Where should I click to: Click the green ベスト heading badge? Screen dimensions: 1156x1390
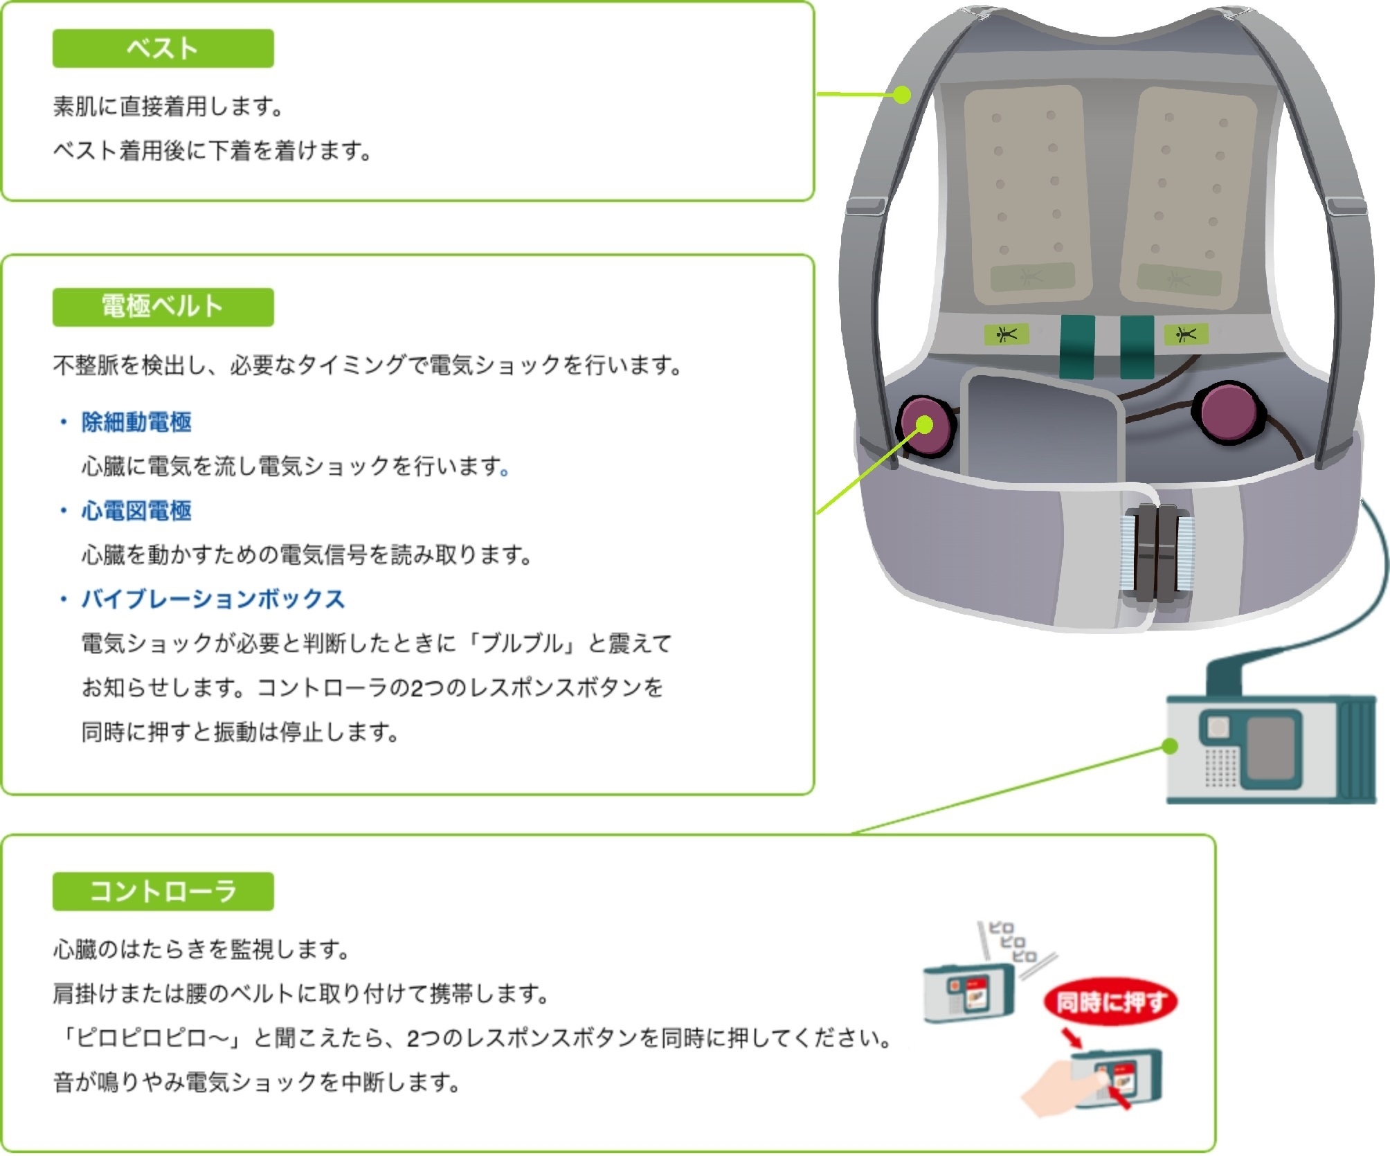coord(163,48)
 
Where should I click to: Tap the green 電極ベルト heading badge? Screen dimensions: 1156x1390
coord(163,307)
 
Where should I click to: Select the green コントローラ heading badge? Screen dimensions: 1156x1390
coord(163,891)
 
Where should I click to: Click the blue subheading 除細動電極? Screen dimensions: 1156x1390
coord(136,422)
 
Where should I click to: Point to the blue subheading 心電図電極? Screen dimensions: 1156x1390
coord(136,511)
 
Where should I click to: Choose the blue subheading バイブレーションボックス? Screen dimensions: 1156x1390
coord(213,599)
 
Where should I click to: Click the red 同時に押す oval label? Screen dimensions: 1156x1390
coord(1110,1002)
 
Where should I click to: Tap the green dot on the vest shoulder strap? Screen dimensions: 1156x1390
coord(901,95)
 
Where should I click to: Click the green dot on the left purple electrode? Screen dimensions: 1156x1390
coord(925,425)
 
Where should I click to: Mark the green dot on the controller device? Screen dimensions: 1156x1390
coord(1170,746)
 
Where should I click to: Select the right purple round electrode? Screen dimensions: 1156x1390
coord(1228,413)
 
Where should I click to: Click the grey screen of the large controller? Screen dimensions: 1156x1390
coord(1271,748)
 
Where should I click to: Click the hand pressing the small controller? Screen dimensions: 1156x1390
coord(1059,1090)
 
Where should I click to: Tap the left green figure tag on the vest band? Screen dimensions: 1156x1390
coord(1006,334)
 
